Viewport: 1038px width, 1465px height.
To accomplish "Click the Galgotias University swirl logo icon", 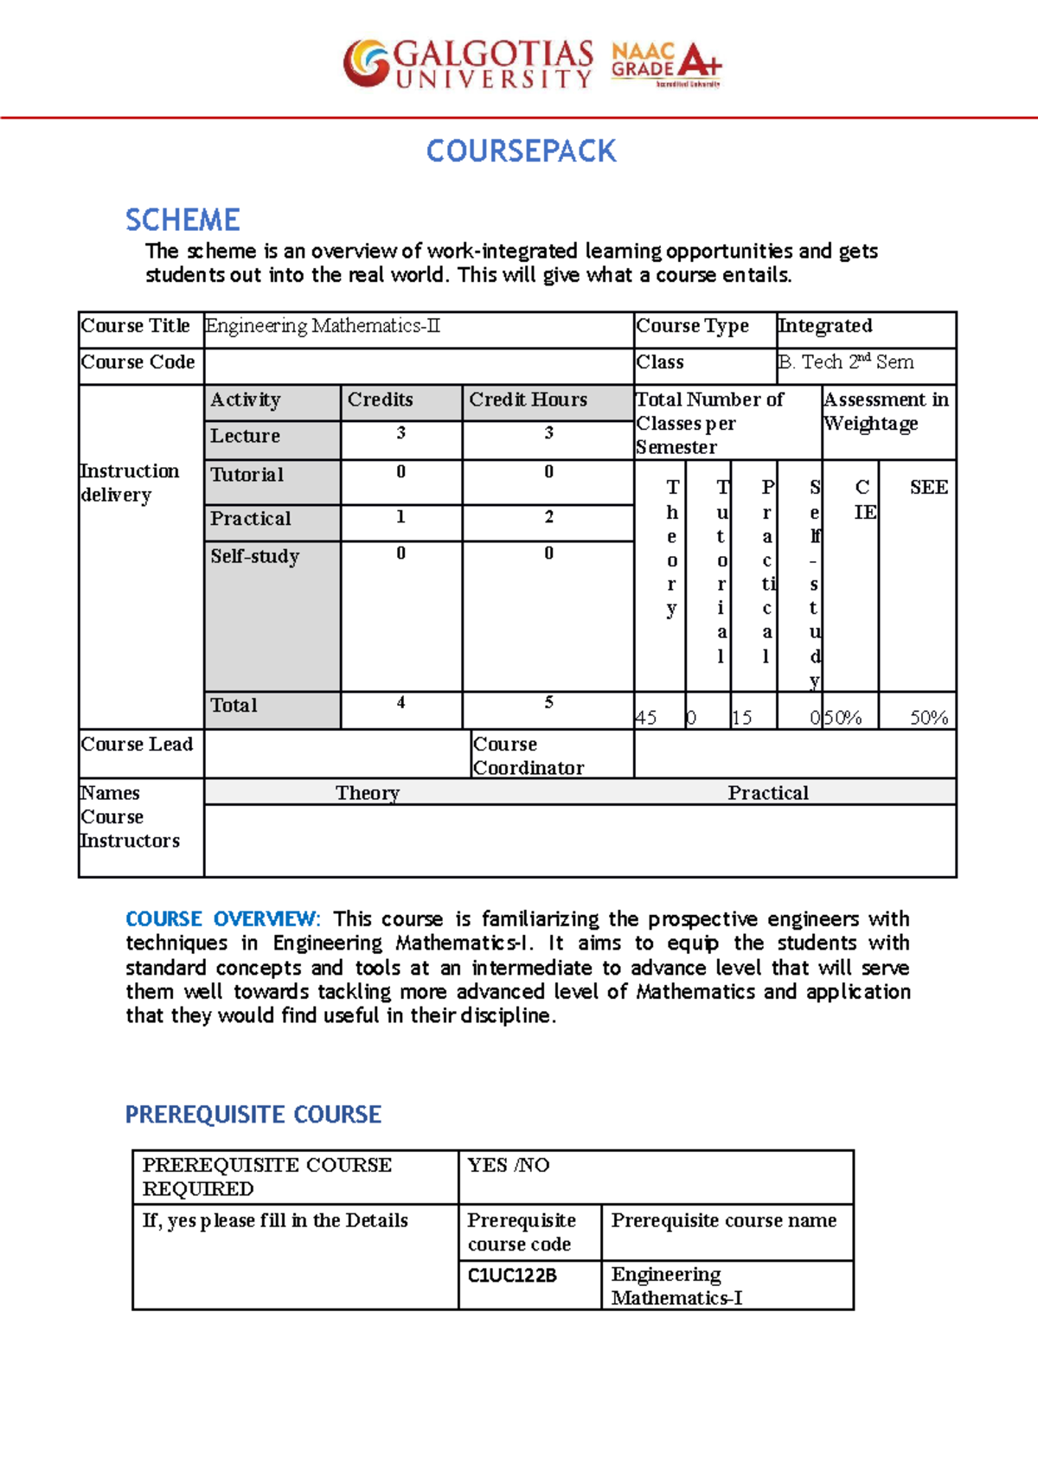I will (x=366, y=63).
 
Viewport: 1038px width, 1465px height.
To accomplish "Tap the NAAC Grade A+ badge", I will (x=666, y=64).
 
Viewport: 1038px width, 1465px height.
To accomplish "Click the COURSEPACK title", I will (x=521, y=151).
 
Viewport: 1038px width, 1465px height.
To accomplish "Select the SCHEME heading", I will (x=183, y=220).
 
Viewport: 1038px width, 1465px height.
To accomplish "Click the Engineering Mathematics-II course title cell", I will (x=324, y=326).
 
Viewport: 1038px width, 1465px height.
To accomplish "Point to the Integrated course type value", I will (x=825, y=326).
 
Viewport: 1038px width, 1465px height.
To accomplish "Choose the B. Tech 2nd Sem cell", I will (x=846, y=362).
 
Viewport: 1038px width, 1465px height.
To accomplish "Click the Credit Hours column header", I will (x=528, y=400).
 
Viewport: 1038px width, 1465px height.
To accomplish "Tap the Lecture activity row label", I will (x=246, y=436).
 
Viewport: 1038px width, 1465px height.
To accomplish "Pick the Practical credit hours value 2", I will (x=548, y=517).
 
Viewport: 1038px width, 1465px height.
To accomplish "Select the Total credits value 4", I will (x=400, y=703).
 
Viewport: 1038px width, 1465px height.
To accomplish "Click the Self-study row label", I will (x=255, y=556).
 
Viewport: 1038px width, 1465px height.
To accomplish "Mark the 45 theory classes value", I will (x=646, y=717).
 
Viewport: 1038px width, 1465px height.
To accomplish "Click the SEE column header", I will (x=928, y=488).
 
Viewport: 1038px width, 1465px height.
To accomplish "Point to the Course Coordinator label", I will (x=528, y=756).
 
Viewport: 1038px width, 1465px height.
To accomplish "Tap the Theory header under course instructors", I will (x=368, y=793).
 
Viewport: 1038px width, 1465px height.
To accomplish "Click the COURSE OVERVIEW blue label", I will (x=222, y=918).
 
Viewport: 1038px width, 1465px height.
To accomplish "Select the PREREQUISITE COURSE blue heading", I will (x=253, y=1114).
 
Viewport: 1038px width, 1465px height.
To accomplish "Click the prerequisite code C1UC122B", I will (x=512, y=1276).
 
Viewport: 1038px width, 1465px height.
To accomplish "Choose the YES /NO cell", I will (x=509, y=1165).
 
